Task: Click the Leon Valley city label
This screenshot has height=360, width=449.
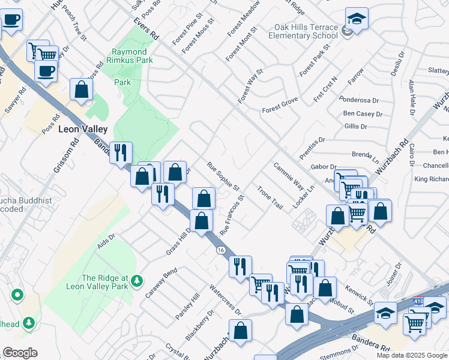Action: pyautogui.click(x=83, y=129)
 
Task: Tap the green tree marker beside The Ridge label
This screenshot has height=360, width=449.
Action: pyautogui.click(x=137, y=280)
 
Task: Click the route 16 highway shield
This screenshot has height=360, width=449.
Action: pyautogui.click(x=221, y=250)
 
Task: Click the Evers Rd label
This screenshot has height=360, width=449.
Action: pyautogui.click(x=146, y=27)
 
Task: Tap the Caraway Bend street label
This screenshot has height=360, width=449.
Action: pyautogui.click(x=161, y=283)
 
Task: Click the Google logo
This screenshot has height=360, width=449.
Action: pyautogui.click(x=20, y=353)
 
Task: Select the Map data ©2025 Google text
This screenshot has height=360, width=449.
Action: pyautogui.click(x=411, y=355)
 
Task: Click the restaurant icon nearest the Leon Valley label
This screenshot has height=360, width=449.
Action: pyautogui.click(x=121, y=153)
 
